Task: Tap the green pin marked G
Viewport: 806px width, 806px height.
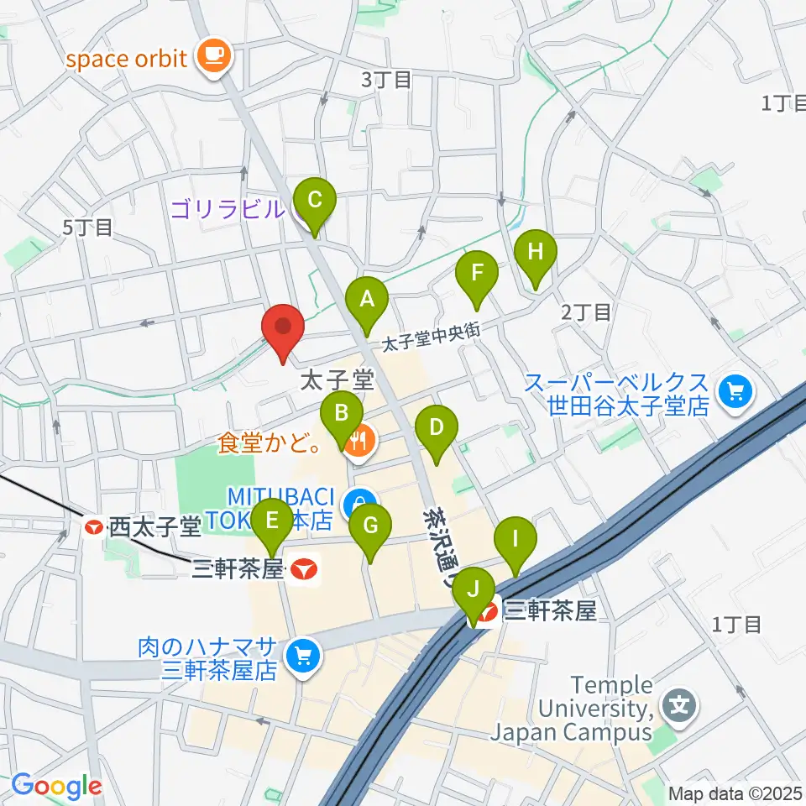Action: (370, 527)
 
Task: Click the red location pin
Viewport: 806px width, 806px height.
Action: (283, 328)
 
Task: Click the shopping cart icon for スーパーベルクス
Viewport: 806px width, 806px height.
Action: (736, 392)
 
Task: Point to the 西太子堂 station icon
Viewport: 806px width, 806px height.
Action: (94, 527)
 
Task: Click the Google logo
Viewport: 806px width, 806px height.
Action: (56, 786)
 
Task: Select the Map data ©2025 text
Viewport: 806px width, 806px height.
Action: (735, 793)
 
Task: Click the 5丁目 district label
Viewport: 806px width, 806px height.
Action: (87, 228)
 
